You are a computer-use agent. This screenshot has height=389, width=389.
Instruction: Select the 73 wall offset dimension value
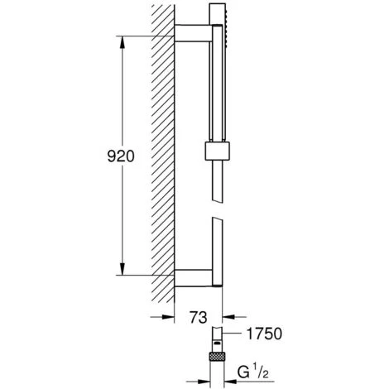click(198, 315)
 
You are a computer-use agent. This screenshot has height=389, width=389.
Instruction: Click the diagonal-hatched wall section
click(161, 157)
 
